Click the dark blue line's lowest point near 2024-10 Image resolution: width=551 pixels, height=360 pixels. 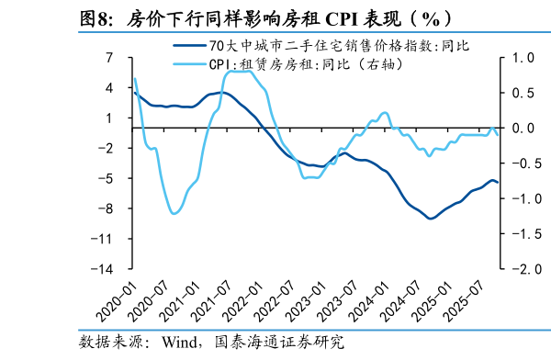coord(430,219)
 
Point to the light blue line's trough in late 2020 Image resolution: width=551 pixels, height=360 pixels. coord(174,214)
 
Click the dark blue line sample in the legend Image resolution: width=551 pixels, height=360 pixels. coord(187,46)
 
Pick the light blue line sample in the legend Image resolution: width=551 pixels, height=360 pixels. coord(187,64)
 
